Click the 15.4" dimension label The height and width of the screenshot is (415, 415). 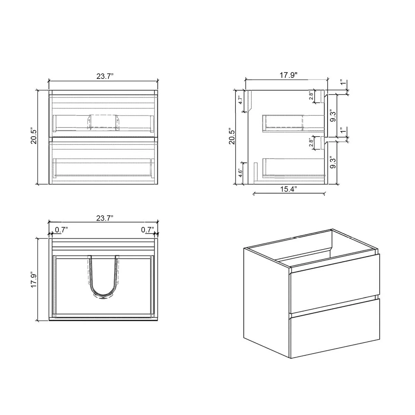[288, 189]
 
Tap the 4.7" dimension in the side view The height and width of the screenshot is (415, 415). [241, 100]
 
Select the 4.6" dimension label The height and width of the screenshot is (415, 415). [241, 173]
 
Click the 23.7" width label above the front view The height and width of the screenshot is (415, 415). [105, 76]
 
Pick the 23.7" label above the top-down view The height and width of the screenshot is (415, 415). [105, 218]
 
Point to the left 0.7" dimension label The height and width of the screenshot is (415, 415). [61, 230]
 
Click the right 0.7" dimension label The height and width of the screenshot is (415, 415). [148, 230]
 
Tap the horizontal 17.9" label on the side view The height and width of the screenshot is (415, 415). [288, 75]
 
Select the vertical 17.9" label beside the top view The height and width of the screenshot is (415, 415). [34, 279]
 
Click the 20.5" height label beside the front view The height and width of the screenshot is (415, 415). [34, 137]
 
